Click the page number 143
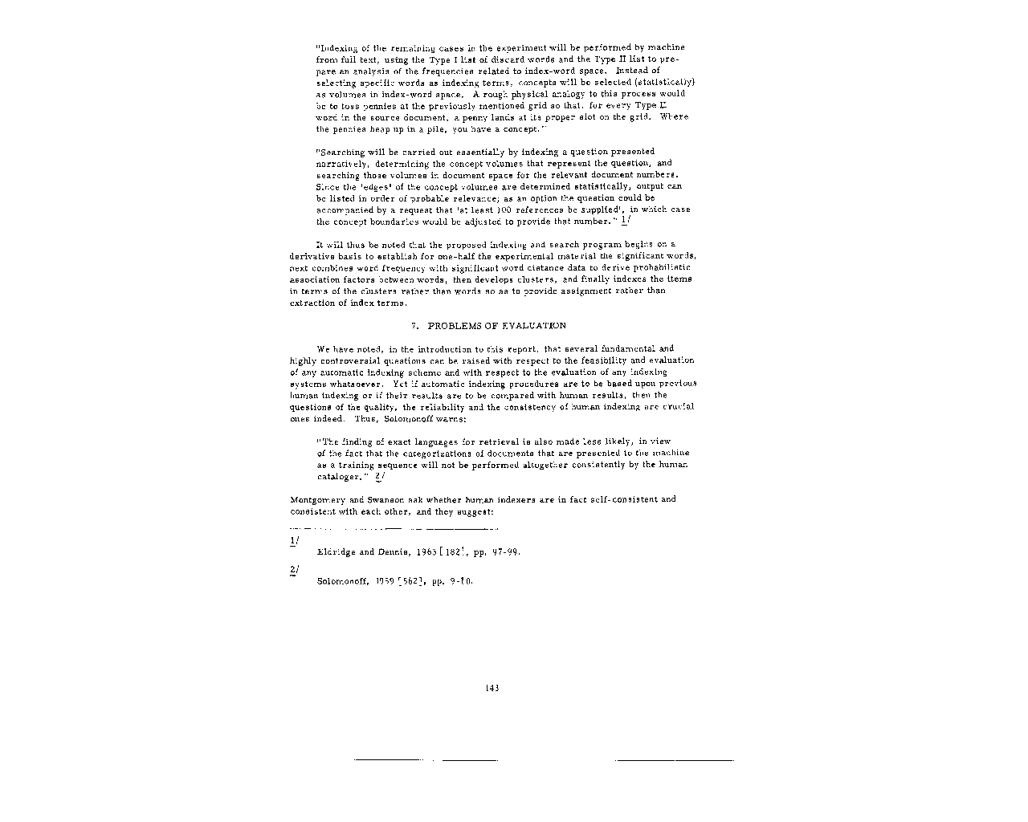click(492, 688)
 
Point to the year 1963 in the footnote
click(426, 552)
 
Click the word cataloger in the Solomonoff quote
click(340, 477)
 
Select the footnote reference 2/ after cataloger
click(379, 477)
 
